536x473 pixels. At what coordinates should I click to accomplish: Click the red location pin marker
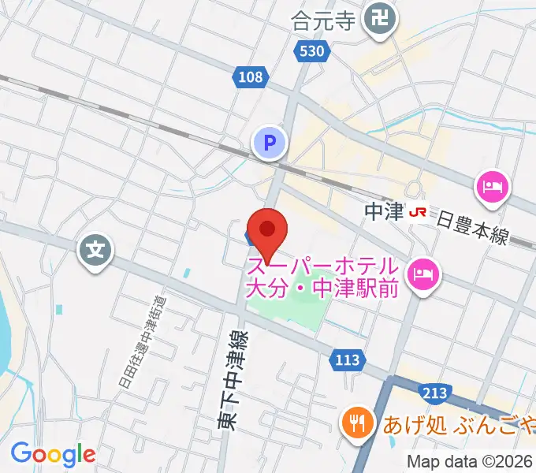267,230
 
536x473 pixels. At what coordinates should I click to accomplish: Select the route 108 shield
250,76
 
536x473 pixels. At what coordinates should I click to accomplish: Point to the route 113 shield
345,360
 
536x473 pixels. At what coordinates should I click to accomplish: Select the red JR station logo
419,211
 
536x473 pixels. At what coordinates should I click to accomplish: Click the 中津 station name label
385,211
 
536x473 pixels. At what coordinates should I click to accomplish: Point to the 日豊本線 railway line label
474,225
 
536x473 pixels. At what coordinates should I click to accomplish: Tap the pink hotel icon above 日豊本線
491,188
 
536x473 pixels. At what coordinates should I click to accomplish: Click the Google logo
53,454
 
